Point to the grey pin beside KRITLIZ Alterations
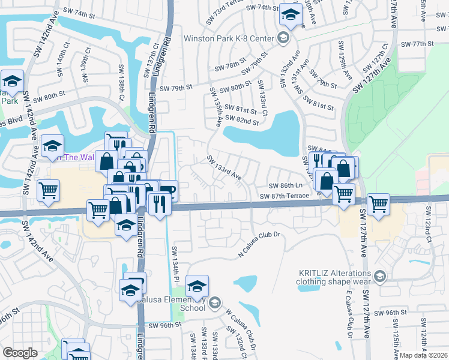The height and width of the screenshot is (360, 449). pyautogui.click(x=379, y=277)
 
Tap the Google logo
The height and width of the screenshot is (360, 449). pyautogui.click(x=20, y=353)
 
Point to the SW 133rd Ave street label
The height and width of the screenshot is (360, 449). pyautogui.click(x=224, y=169)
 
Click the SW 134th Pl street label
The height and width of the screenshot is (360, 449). pyautogui.click(x=175, y=260)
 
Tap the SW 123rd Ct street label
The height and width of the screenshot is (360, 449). pyautogui.click(x=429, y=221)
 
